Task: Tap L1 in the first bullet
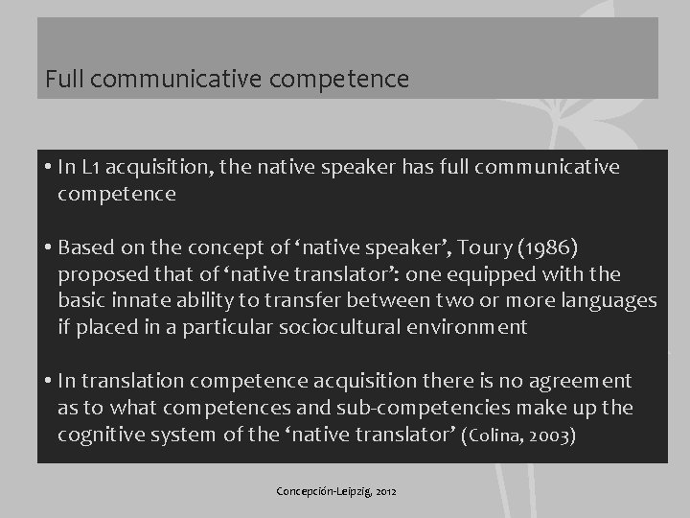click(91, 167)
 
